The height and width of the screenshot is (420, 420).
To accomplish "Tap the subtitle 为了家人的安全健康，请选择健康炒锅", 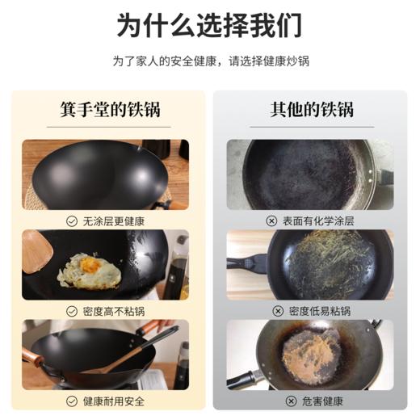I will (210, 61).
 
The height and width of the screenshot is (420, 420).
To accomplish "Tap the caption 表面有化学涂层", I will (317, 220).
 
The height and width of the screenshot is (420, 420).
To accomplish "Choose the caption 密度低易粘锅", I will (317, 310).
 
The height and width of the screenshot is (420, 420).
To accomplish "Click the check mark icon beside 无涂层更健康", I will (72, 220).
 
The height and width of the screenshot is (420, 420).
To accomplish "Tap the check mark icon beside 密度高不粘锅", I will (72, 310).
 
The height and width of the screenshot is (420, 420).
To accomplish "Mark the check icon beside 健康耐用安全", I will (72, 401).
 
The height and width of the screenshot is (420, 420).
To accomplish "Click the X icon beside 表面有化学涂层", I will (271, 220).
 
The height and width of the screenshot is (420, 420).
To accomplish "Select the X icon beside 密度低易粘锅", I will (278, 310).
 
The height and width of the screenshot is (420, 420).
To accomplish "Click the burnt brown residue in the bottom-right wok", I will (312, 351).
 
